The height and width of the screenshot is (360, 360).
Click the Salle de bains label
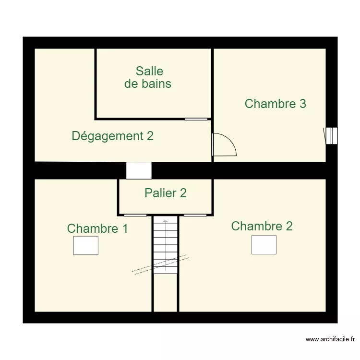149,77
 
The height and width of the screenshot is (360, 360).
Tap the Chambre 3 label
275,104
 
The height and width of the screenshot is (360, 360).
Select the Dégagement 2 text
112,136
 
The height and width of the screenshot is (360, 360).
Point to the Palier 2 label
165,193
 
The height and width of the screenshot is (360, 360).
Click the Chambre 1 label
97,228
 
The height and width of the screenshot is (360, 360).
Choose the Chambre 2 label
262,226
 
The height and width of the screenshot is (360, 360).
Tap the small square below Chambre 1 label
85,245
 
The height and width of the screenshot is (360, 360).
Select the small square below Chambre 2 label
264,245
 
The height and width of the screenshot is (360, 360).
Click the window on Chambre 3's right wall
331,135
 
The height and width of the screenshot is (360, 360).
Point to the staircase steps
166,245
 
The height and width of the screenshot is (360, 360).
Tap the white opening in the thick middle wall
139,170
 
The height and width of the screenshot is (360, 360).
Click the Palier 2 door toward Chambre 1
135,215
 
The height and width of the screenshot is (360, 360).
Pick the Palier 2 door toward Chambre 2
195,215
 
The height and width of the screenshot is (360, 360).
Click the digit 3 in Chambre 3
302,104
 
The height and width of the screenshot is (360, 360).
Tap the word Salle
149,71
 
